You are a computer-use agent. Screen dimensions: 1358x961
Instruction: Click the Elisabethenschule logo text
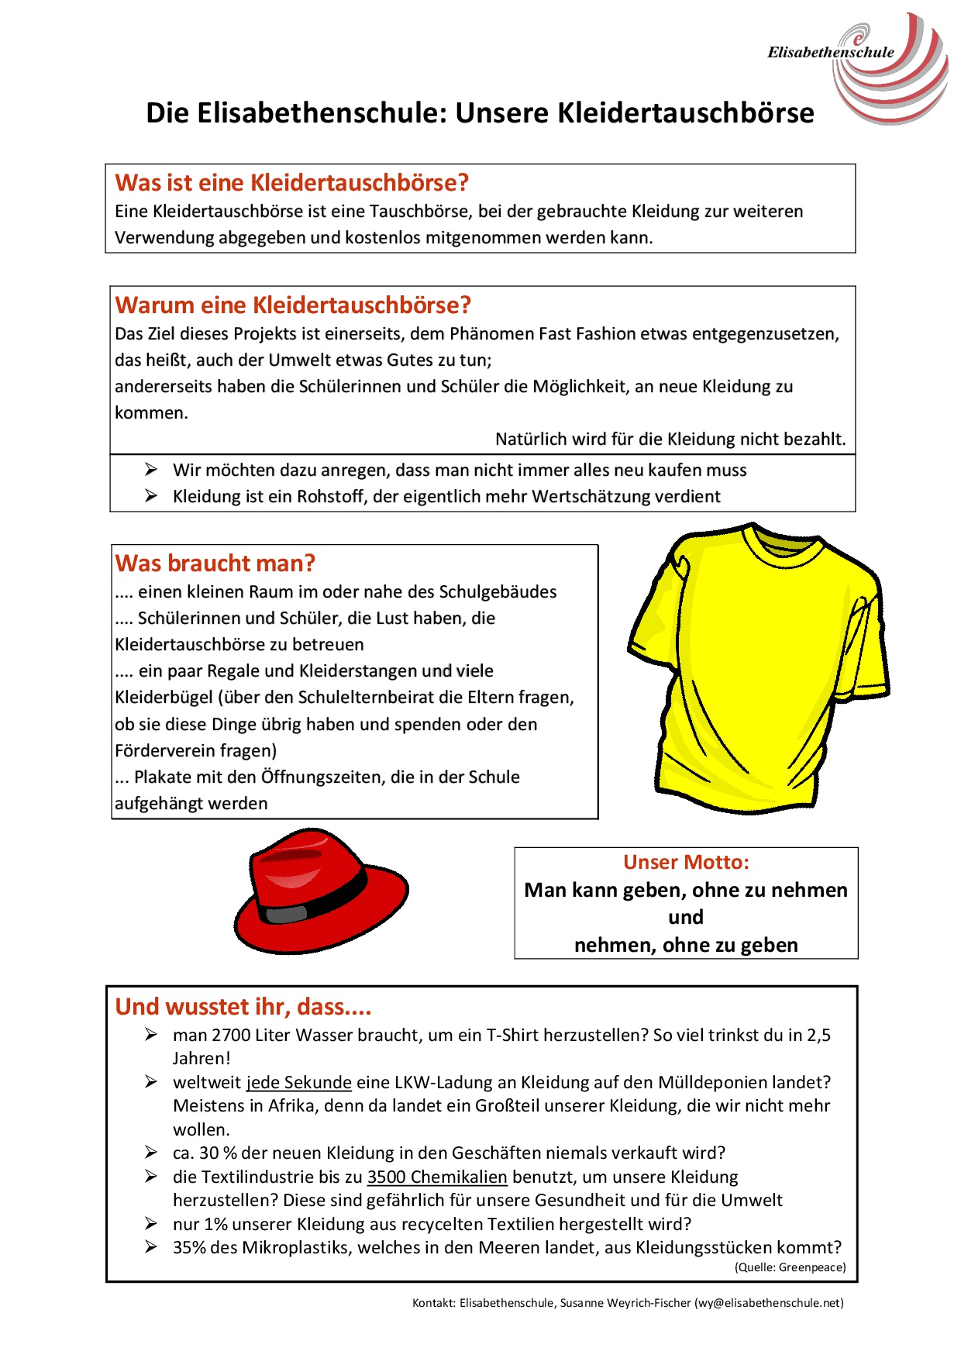pos(830,53)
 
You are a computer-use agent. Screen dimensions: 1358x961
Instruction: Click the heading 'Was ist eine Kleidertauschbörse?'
pos(292,183)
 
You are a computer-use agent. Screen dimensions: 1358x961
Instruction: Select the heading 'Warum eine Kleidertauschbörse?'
pos(293,305)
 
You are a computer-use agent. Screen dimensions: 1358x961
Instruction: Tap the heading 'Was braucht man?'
pos(215,564)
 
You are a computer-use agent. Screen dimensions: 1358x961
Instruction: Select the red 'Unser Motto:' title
pos(686,863)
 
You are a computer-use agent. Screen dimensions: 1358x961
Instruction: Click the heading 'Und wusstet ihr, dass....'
pos(243,1007)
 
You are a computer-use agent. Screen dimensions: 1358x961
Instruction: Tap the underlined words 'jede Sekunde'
pos(299,1083)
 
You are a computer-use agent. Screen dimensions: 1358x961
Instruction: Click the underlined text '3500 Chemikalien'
pos(437,1177)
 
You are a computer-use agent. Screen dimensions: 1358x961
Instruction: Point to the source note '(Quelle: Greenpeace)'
pos(790,1267)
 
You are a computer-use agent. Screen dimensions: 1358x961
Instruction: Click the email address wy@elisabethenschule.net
pos(768,1303)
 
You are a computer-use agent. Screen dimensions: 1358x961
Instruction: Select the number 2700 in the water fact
pos(231,1036)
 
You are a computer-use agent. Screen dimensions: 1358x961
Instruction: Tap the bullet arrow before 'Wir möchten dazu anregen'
pos(151,470)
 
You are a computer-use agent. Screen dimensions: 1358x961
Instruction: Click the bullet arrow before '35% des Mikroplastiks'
pos(151,1247)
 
